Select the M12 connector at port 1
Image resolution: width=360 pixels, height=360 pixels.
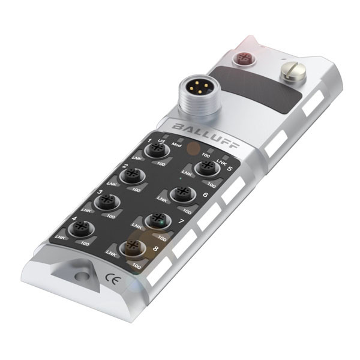coord(158,151)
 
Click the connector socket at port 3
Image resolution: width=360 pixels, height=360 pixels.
coord(107,202)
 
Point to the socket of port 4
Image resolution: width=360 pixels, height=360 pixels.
coord(79,229)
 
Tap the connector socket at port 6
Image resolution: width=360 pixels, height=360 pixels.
coord(181,193)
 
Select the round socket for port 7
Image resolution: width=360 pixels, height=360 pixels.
coord(157,220)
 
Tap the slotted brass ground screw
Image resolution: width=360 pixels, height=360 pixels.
coord(293,74)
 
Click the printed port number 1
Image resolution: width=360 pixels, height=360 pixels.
coord(148,141)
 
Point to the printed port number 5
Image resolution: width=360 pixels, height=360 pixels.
coord(230,169)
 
